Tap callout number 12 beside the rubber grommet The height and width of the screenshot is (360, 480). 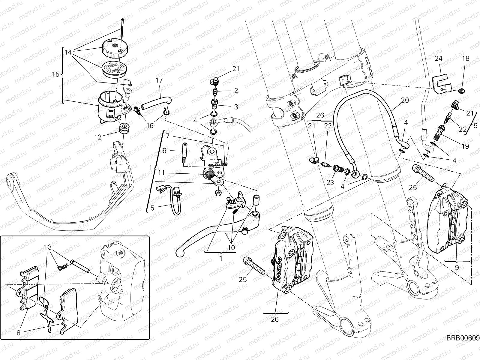click(98, 137)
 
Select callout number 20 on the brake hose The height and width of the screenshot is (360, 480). click(405, 100)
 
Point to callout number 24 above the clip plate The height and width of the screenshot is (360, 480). click(439, 59)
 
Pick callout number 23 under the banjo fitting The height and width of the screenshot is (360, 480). click(330, 182)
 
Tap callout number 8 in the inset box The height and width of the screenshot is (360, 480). click(19, 332)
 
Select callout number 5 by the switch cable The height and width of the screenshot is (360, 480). click(152, 208)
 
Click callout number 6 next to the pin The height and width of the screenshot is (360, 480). click(164, 151)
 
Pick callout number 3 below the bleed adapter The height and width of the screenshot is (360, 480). click(236, 106)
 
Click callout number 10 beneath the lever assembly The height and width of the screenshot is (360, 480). click(231, 248)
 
